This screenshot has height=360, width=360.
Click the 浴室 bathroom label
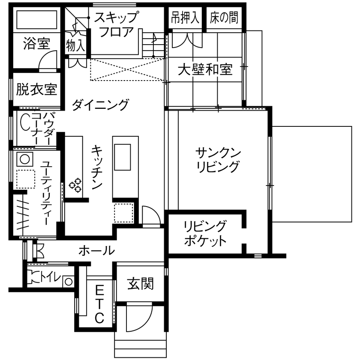(36, 44)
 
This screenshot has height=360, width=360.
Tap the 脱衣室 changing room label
(36, 90)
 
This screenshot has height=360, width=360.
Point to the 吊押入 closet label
(185, 18)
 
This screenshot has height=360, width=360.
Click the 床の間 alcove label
(224, 18)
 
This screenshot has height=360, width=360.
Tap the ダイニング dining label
(100, 104)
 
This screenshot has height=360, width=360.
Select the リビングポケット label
(205, 233)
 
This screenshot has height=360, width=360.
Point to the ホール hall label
(96, 250)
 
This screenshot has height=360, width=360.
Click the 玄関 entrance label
(141, 283)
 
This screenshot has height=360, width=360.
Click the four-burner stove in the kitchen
(75, 184)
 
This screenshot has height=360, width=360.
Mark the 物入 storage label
(76, 44)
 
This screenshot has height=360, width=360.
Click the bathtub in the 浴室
(37, 19)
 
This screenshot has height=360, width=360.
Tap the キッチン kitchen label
(97, 167)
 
